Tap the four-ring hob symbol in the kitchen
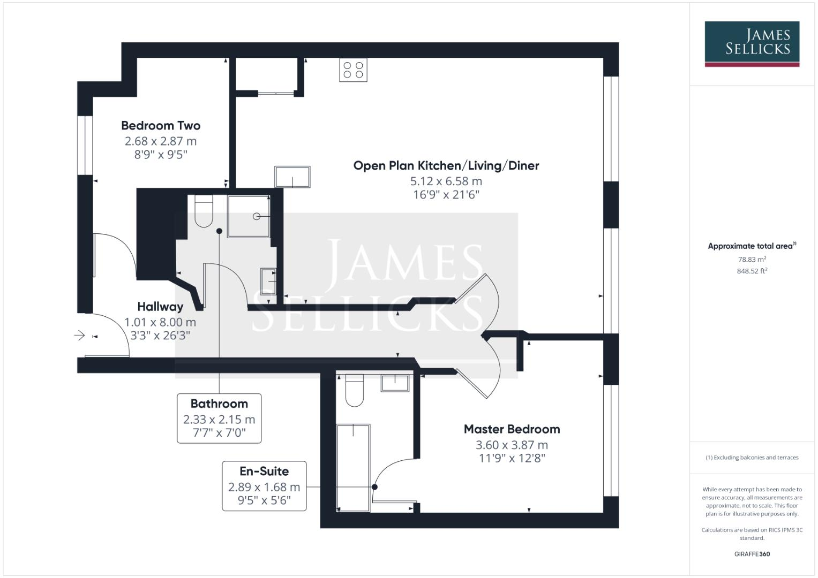(353, 70)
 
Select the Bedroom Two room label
(161, 126)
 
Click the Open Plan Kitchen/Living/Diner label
(446, 166)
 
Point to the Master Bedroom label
(512, 429)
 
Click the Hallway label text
(160, 307)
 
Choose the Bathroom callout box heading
(219, 404)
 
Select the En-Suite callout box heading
(264, 471)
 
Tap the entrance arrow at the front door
(79, 336)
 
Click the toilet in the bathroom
(204, 211)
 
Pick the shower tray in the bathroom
(249, 216)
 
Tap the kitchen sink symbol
(292, 177)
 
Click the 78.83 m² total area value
(752, 259)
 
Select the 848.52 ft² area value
(752, 271)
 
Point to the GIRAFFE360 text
(752, 554)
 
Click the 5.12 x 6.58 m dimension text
(446, 181)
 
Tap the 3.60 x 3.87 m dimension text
(512, 445)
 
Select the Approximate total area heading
(751, 246)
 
